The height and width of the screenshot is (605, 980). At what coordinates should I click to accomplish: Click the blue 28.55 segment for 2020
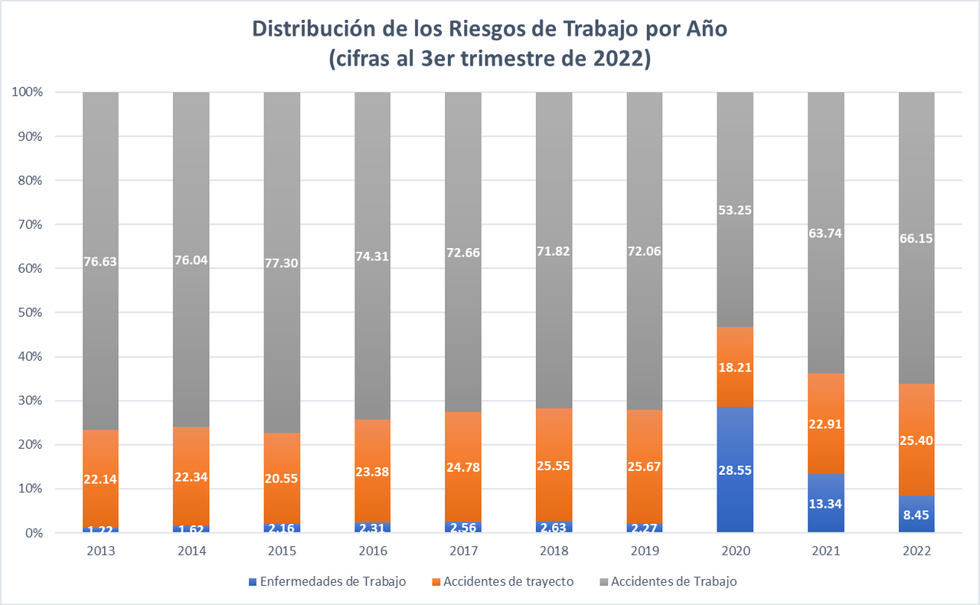pos(735,469)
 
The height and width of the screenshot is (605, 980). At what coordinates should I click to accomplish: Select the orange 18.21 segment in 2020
pos(735,367)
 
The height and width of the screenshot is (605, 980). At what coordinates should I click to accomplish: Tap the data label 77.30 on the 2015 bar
pos(282,263)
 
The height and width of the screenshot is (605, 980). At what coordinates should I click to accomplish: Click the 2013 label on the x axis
pos(100,551)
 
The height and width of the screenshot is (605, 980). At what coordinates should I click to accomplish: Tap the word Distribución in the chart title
pos(318,31)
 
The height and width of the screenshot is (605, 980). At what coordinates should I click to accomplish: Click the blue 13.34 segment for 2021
pos(826,503)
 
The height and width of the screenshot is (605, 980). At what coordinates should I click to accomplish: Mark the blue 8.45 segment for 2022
pos(916,514)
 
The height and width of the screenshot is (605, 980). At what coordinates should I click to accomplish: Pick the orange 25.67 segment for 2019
pos(645,466)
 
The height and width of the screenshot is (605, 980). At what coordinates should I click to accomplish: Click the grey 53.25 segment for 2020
pos(735,210)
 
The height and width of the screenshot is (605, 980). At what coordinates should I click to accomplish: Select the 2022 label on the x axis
pos(916,551)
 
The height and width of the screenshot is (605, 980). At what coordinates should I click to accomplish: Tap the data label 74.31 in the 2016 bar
pos(372,257)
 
